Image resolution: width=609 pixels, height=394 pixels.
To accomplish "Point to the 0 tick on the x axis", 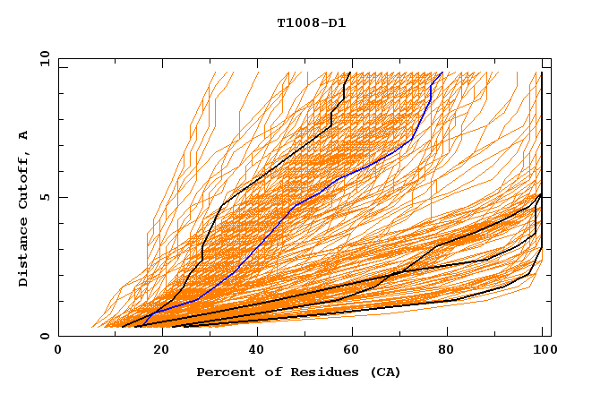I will point(58,350).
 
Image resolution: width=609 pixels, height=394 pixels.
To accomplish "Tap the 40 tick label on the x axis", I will point(256,350).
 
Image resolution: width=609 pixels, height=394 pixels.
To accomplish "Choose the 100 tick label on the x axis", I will point(543,350).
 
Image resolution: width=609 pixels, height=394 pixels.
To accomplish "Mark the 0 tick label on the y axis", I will point(45,337).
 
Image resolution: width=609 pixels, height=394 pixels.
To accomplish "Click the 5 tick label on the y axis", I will point(45,197).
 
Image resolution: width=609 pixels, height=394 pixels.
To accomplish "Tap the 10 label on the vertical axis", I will point(42,58).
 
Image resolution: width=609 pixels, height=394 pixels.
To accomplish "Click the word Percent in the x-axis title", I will point(222,372).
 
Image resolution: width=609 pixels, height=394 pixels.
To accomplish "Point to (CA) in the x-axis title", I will point(386,372).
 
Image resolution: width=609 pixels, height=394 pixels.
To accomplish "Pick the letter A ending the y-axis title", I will point(24,135).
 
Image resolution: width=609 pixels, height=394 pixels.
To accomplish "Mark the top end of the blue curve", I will point(442,73).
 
